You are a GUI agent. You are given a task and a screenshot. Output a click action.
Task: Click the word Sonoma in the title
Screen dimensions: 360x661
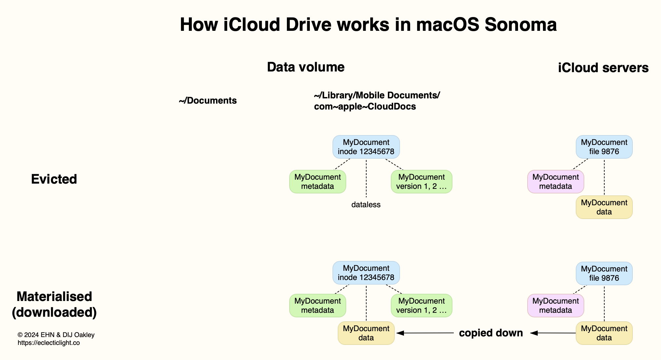click(x=520, y=25)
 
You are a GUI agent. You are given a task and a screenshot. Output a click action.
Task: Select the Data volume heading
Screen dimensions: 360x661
click(x=306, y=67)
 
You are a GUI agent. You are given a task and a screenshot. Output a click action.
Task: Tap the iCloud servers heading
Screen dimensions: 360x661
click(x=603, y=68)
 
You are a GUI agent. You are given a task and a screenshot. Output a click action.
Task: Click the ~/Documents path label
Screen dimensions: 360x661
click(x=208, y=101)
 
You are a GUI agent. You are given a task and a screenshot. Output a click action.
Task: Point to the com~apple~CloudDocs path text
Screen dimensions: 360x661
click(x=365, y=107)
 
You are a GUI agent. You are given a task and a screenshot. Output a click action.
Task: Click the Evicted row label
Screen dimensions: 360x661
click(x=54, y=179)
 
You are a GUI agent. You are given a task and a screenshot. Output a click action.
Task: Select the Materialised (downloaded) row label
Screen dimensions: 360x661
click(x=54, y=304)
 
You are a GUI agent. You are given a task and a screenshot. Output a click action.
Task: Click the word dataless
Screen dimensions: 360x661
click(x=366, y=205)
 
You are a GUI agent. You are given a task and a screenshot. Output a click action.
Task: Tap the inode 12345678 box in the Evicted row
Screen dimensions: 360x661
click(x=366, y=147)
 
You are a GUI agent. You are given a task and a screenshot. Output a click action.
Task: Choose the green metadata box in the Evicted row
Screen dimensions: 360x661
click(x=317, y=182)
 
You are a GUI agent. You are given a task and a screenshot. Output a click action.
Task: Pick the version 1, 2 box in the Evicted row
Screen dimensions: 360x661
click(x=421, y=182)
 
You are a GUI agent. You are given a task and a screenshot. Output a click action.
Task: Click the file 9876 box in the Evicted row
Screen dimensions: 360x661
click(x=604, y=147)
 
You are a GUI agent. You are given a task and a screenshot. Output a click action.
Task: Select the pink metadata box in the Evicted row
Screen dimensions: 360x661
click(x=555, y=182)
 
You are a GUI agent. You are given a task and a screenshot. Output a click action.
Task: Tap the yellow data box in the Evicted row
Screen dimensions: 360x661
click(x=604, y=207)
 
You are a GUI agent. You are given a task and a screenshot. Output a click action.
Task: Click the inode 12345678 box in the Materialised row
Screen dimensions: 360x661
click(x=366, y=273)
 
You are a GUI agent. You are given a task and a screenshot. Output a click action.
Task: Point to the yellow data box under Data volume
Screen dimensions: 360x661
click(x=366, y=333)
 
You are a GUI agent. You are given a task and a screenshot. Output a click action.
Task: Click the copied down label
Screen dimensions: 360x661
click(x=491, y=333)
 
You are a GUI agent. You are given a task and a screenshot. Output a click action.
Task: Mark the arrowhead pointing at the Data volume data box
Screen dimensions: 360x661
click(x=400, y=333)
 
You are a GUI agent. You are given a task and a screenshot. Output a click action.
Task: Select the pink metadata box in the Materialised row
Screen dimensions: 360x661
click(x=555, y=306)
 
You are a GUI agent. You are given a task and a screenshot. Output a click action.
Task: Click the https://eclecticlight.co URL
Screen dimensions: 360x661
click(x=49, y=343)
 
